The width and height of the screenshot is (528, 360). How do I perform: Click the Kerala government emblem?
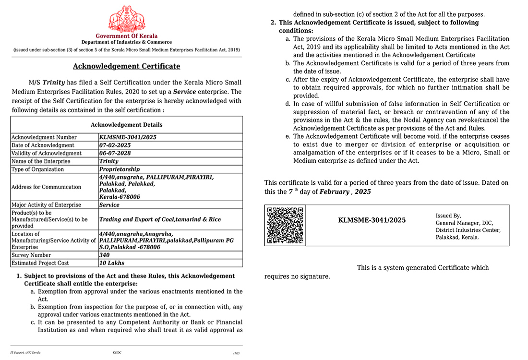(x=126, y=18)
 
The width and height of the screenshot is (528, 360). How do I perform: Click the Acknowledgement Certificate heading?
(x=126, y=66)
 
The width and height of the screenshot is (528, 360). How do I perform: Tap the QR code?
(x=285, y=225)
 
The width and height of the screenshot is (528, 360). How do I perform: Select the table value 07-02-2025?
(x=115, y=145)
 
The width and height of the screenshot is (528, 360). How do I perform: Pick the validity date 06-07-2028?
(x=115, y=153)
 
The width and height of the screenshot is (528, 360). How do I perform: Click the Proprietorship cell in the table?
(x=120, y=169)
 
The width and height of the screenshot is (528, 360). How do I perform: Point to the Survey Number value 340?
(x=105, y=255)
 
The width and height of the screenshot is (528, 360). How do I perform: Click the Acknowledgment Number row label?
(x=44, y=137)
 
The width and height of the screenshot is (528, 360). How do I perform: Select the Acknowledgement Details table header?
(x=126, y=125)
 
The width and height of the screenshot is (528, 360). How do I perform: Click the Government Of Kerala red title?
(x=126, y=36)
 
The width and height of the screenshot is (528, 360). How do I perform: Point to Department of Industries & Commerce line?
(x=126, y=43)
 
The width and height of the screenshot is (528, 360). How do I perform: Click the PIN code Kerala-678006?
(x=120, y=197)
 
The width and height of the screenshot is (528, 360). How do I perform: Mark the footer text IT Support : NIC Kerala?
(x=25, y=352)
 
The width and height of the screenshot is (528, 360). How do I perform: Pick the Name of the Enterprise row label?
(x=41, y=161)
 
